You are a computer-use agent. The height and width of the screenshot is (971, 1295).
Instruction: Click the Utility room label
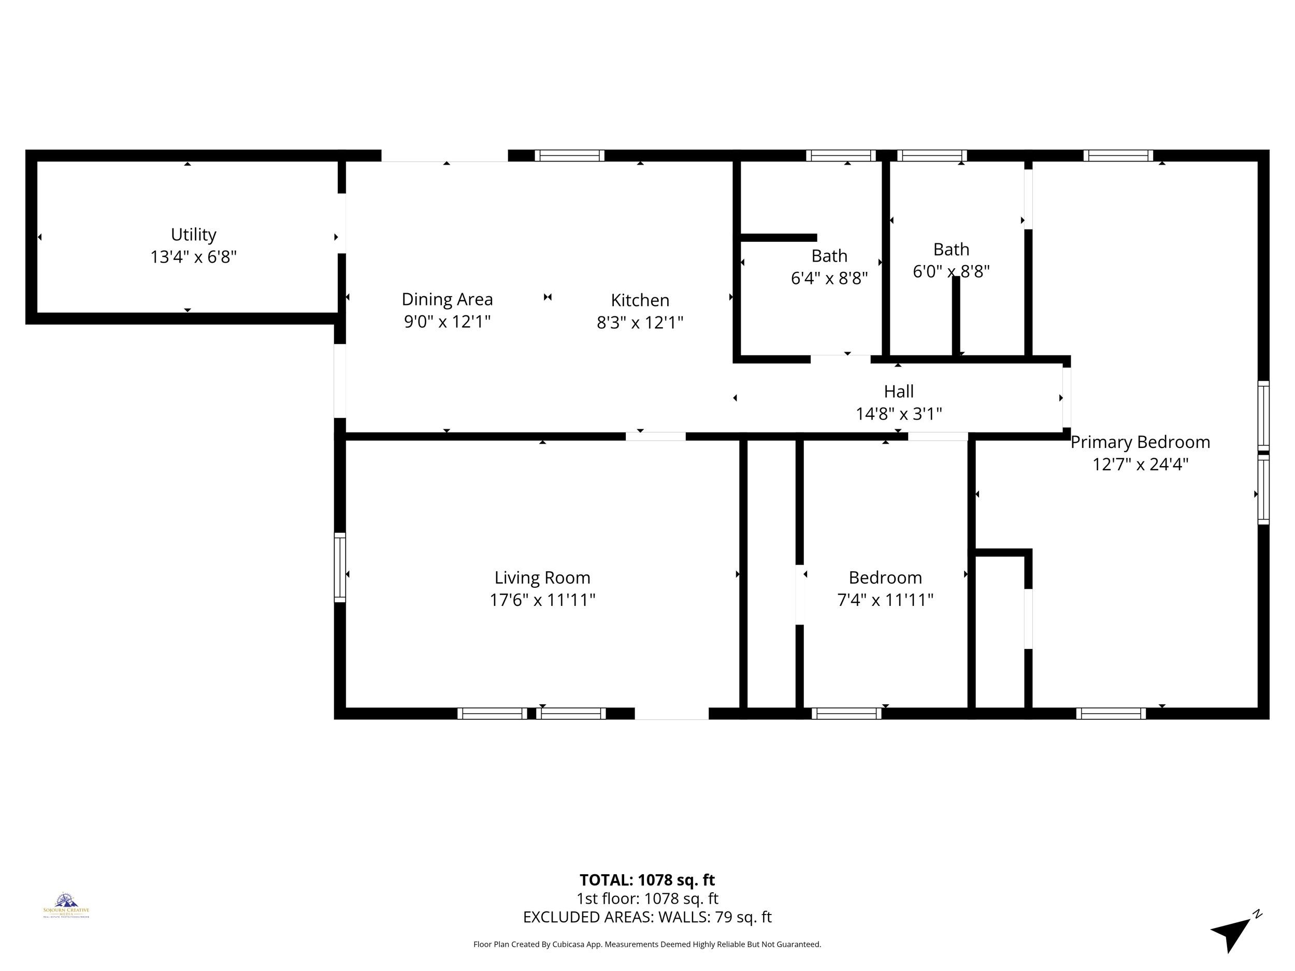pos(193,235)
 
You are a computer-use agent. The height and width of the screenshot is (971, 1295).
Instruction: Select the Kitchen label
pos(640,300)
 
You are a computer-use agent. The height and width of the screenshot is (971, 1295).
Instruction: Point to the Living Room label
pos(542,578)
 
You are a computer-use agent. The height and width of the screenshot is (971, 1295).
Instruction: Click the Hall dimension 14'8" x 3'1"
pos(899,414)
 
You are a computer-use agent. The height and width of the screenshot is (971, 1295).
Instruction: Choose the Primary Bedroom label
pos(1140,442)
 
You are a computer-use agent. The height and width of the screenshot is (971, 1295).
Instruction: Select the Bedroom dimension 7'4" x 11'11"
pos(885,600)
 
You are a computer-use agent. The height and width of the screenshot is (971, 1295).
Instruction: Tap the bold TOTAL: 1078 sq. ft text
pos(647,880)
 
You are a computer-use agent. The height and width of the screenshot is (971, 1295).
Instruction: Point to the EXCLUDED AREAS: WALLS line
pos(647,917)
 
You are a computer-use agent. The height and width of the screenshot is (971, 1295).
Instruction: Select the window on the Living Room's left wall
pos(340,567)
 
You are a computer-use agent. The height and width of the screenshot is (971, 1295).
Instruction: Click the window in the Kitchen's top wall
pos(569,156)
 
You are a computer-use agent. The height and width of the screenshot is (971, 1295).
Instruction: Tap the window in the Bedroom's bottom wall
pos(846,714)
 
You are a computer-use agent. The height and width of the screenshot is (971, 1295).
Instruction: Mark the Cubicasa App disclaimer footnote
pos(647,944)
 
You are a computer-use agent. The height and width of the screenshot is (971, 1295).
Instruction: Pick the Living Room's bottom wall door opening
pos(671,714)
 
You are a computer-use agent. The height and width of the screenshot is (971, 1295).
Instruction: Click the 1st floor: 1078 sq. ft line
pos(647,898)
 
